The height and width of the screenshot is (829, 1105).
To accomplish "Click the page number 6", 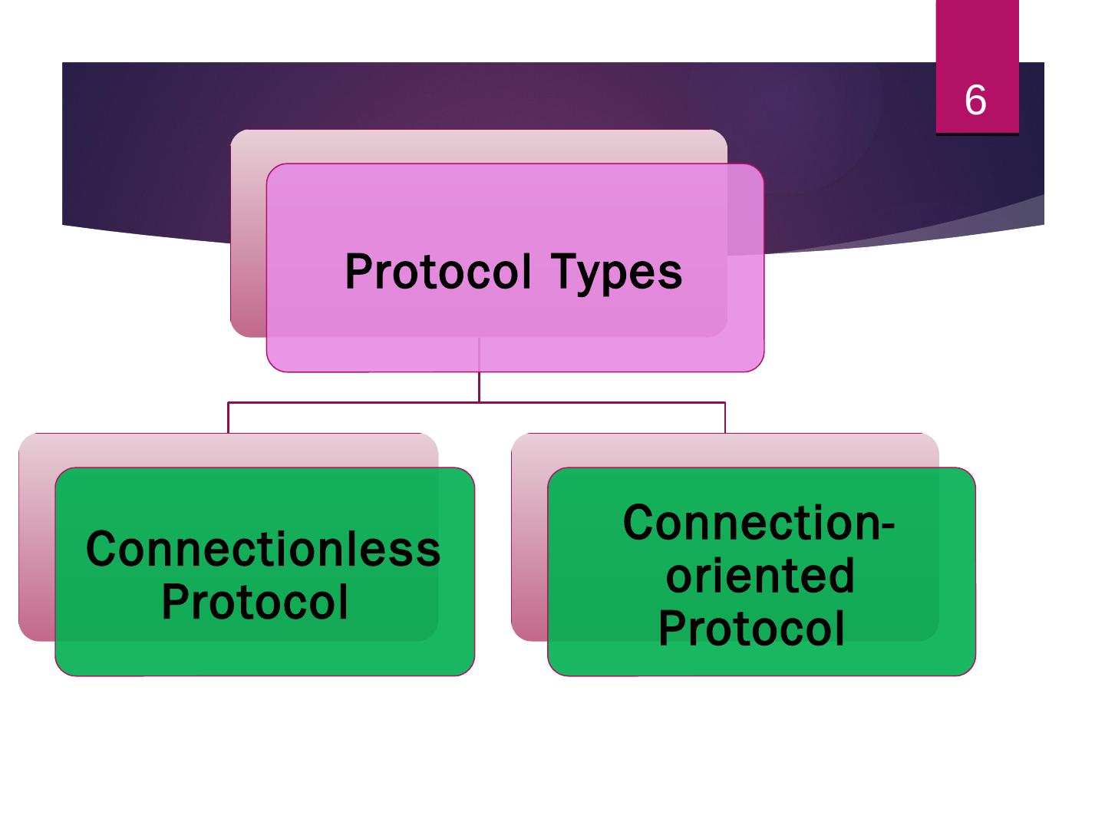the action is [975, 100].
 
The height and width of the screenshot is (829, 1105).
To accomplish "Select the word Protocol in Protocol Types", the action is [437, 271].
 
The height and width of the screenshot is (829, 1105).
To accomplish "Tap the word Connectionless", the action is [262, 549].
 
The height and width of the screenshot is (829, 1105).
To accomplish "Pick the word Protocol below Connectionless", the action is [254, 602].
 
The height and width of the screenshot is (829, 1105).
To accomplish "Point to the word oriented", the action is [760, 576].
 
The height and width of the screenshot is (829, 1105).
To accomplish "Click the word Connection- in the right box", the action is [759, 522].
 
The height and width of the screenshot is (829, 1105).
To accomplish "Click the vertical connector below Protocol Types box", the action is [480, 387].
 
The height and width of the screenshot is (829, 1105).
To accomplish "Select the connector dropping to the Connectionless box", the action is [228, 418].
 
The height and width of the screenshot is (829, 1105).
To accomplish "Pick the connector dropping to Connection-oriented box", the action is [725, 418].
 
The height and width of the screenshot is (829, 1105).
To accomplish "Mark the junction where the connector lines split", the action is [480, 402].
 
